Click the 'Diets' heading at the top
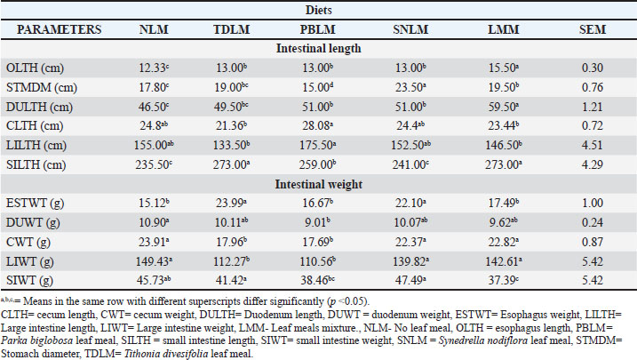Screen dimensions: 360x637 pos(318,10)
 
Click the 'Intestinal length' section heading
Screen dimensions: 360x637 pos(319,48)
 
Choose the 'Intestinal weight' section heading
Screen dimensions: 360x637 pos(319,186)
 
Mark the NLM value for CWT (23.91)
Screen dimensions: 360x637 pos(152,244)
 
